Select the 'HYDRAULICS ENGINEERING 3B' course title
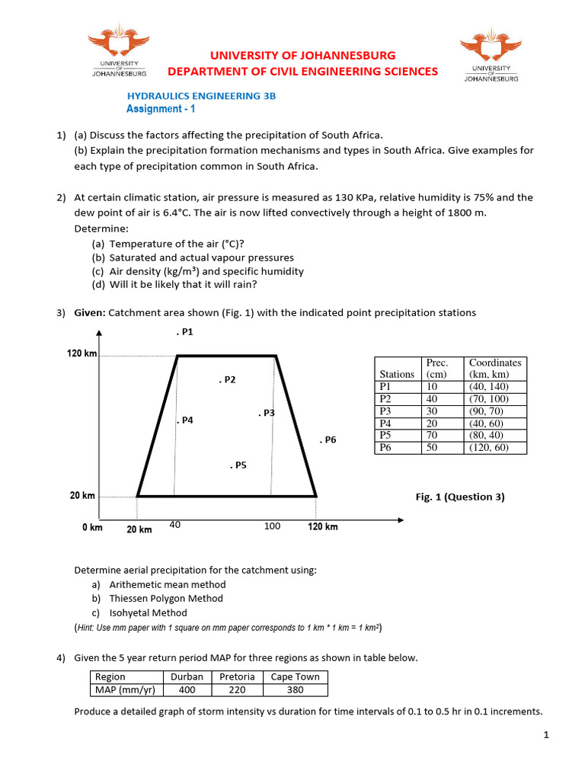[200, 96]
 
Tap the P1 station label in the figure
[184, 332]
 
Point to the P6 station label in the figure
[328, 440]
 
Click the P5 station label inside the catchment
[238, 465]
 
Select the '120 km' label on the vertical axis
[82, 354]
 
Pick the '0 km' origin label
[92, 527]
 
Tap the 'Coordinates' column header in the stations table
[495, 363]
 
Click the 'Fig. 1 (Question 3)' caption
[459, 497]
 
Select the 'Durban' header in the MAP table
[187, 676]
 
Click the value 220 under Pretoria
[237, 689]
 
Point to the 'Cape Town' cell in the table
[295, 676]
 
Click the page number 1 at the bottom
[546, 735]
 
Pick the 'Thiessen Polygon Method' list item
[166, 599]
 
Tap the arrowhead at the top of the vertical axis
[100, 332]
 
